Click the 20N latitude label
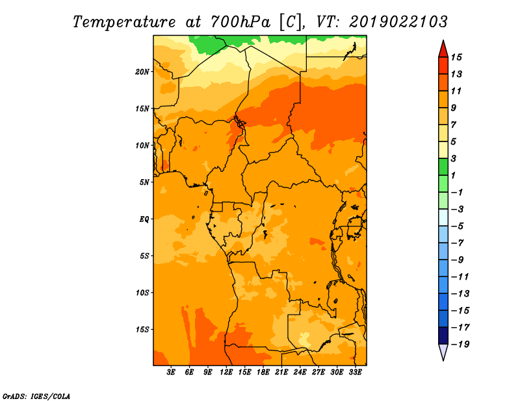click(x=142, y=72)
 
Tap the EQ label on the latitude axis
click(x=144, y=219)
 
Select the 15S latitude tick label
click(x=142, y=330)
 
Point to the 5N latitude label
click(x=144, y=182)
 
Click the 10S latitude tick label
click(x=142, y=293)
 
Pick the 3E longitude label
click(x=171, y=372)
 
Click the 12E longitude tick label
click(x=226, y=372)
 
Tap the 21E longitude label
click(x=281, y=372)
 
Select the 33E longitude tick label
click(x=355, y=372)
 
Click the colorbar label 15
click(x=456, y=57)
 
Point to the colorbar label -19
click(x=460, y=345)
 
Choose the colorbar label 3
click(x=454, y=158)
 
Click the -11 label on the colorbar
click(x=460, y=277)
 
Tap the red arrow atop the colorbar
click(x=443, y=50)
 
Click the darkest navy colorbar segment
click(x=443, y=335)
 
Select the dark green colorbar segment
click(x=443, y=167)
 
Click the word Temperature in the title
click(x=124, y=22)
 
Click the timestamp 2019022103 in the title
click(x=398, y=22)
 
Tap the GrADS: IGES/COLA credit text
click(x=36, y=396)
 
